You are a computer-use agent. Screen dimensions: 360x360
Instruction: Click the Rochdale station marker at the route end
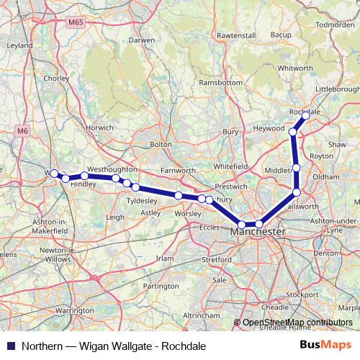click(x=305, y=115)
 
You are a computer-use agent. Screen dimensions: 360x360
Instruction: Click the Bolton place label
click(x=160, y=145)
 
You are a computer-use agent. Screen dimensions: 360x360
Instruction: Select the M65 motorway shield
click(x=77, y=23)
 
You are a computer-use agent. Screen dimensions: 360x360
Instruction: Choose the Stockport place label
click(x=302, y=294)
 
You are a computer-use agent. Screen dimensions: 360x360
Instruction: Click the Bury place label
click(x=230, y=132)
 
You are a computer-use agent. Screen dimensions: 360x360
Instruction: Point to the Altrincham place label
click(x=181, y=315)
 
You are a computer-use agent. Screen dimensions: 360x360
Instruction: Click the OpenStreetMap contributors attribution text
click(x=297, y=322)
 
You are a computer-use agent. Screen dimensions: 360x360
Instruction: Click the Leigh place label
click(x=115, y=216)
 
